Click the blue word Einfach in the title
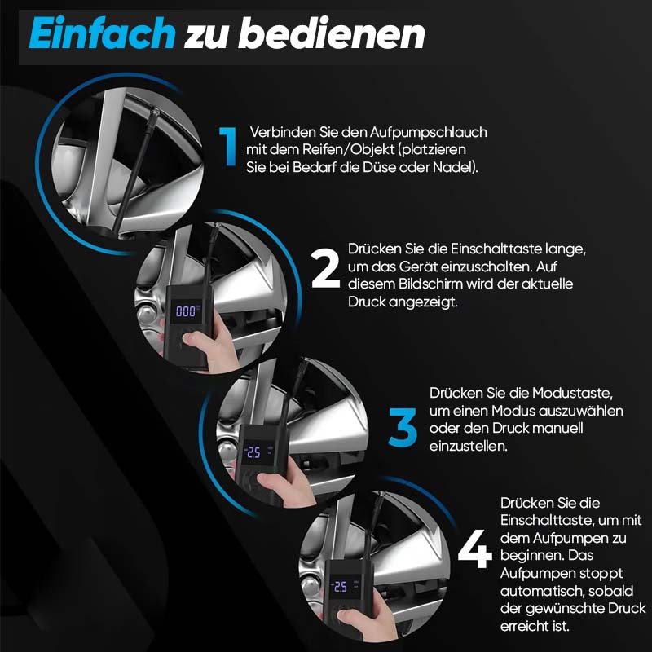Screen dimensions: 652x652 103,33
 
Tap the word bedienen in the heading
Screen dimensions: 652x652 332,33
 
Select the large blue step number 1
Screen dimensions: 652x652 228,147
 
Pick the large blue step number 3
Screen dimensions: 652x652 403,427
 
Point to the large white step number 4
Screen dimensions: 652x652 474,548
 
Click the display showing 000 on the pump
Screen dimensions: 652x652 186,311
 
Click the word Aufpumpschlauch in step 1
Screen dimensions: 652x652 428,132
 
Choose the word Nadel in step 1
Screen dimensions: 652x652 455,167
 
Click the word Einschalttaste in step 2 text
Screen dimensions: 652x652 496,249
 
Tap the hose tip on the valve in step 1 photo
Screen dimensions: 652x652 155,114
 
